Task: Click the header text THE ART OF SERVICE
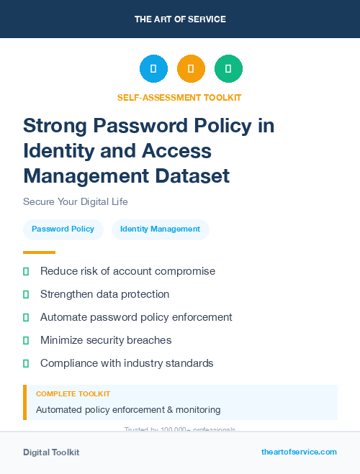click(x=180, y=19)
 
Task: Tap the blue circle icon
click(x=153, y=69)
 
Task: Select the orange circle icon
click(x=191, y=69)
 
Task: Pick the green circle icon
click(x=228, y=69)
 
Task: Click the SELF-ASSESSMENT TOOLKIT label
click(x=179, y=97)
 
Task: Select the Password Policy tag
click(x=63, y=229)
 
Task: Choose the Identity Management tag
click(x=160, y=229)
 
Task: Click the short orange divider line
click(x=39, y=252)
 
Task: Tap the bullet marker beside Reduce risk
click(x=26, y=271)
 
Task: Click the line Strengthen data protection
click(x=104, y=294)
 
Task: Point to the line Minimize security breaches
click(x=106, y=340)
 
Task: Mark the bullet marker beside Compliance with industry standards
click(x=26, y=363)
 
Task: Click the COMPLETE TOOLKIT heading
click(x=73, y=394)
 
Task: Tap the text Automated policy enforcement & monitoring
click(x=128, y=410)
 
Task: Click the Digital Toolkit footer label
click(x=51, y=452)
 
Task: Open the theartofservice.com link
click(x=299, y=452)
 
